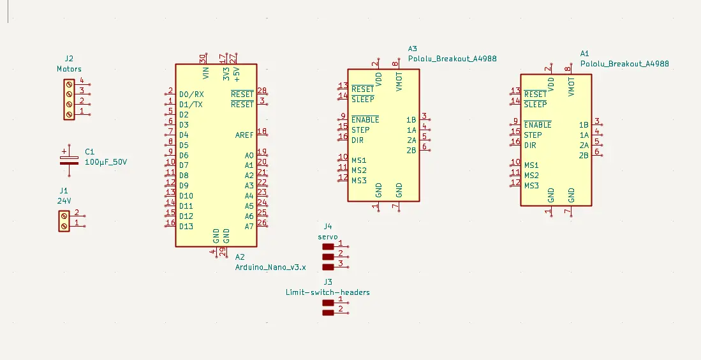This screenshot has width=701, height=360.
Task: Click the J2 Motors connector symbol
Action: [69, 98]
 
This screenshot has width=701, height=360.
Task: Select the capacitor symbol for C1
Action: [69, 158]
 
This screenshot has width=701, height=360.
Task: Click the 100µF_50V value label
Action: [106, 162]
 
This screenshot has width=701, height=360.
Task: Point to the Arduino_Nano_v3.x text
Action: [270, 267]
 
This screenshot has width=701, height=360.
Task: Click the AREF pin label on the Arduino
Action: [244, 135]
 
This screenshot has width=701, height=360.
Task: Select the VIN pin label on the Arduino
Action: [205, 73]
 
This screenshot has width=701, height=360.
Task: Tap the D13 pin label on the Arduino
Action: [186, 226]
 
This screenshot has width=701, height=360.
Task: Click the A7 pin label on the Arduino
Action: [249, 226]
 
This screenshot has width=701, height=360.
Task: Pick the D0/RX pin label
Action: [191, 94]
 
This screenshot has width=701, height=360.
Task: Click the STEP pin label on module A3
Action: [360, 130]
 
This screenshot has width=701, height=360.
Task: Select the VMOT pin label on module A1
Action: [572, 85]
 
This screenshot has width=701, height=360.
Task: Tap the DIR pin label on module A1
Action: [530, 145]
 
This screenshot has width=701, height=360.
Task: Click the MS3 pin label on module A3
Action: [359, 180]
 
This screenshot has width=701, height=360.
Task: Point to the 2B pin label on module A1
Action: [583, 155]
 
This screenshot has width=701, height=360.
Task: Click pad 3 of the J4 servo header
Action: [328, 267]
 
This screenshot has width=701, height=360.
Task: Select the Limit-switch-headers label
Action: [328, 292]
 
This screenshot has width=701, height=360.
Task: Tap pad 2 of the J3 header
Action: [328, 313]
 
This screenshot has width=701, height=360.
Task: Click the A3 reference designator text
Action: [413, 49]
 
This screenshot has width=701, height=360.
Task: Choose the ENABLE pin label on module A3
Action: [365, 119]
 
